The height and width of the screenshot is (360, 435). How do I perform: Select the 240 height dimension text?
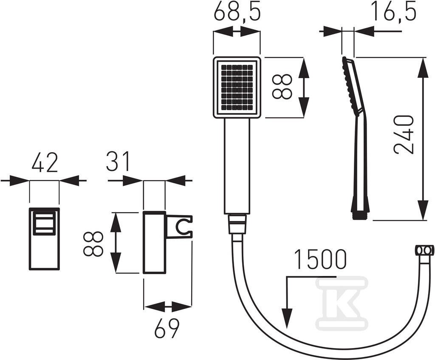404,135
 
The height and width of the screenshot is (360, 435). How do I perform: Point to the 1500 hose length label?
320,260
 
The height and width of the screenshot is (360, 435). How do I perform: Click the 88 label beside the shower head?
282,87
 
